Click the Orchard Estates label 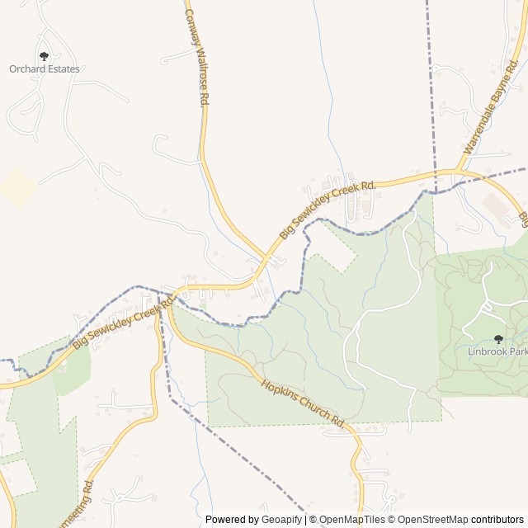coord(45,69)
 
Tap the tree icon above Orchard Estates coord(44,56)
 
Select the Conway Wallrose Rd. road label coord(196,56)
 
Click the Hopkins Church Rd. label coord(302,402)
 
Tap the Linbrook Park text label coord(497,351)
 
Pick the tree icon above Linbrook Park coord(497,339)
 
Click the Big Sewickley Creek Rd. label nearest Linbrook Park coord(328,210)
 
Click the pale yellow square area coord(17,187)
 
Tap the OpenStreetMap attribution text coord(429,520)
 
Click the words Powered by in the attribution coord(232,520)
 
